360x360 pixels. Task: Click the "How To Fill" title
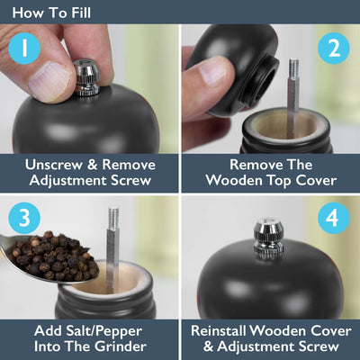(51, 13)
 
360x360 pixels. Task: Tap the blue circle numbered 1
(24, 49)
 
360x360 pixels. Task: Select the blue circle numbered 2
(334, 49)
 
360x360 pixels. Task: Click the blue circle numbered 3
(24, 218)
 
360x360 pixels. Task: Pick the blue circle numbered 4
(334, 218)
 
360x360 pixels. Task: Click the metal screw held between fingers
(86, 77)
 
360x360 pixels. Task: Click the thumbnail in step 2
(213, 71)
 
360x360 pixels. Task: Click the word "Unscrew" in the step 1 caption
(54, 165)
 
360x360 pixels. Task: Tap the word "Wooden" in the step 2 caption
(234, 181)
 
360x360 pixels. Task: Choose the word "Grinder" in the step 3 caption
(121, 346)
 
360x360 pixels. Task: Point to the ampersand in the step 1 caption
(92, 165)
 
